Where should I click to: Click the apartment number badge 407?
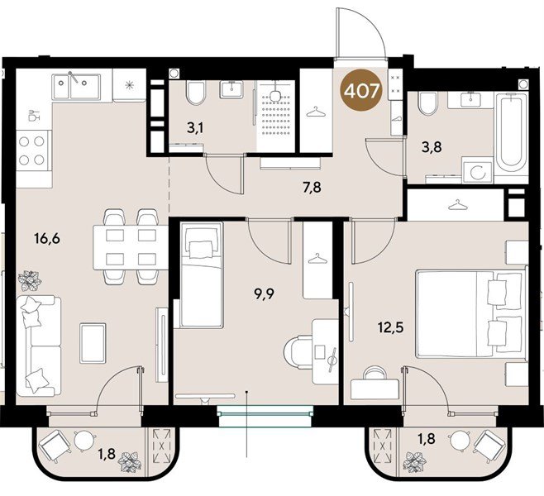point(361,92)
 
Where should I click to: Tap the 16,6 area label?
point(47,239)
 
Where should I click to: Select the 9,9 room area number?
point(264,295)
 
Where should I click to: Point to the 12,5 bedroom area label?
point(391,327)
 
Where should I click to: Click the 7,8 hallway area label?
point(312,188)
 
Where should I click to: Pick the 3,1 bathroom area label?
point(194,128)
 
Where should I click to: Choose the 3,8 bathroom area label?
point(432,148)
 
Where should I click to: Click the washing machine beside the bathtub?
point(477,170)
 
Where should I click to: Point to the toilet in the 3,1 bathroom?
point(196,93)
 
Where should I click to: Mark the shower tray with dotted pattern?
point(276,116)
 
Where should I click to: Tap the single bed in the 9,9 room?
point(201,274)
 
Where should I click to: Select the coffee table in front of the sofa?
point(93,343)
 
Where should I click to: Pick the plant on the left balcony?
point(130,462)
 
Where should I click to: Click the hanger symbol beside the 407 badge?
point(316,112)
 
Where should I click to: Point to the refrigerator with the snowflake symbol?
point(130,85)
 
